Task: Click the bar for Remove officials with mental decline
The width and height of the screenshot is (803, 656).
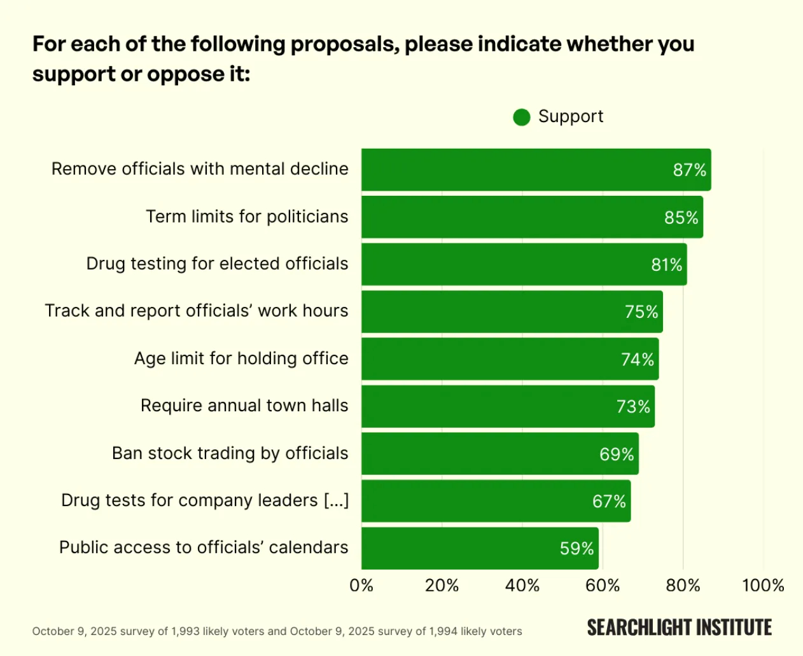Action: [536, 170]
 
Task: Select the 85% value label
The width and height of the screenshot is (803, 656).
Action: [681, 217]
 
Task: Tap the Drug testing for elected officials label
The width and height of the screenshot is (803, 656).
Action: [217, 264]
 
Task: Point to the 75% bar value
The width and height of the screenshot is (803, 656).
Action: [641, 311]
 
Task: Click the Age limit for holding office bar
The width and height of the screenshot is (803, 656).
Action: [510, 359]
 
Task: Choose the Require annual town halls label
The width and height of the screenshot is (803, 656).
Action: [244, 406]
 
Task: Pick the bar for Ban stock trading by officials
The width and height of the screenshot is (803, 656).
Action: [499, 454]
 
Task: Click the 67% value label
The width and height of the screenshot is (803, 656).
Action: [609, 502]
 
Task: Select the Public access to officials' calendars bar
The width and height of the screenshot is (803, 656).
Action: [480, 549]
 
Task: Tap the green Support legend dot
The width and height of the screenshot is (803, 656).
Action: [522, 118]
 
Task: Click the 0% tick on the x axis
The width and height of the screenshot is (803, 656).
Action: [361, 585]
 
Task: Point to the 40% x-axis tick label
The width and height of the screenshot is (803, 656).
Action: [522, 585]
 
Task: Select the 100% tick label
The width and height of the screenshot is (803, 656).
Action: [763, 585]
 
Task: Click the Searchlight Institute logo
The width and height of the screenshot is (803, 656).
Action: [679, 628]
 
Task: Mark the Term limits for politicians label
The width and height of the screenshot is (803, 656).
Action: [247, 217]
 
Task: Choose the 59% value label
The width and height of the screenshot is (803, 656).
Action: [576, 549]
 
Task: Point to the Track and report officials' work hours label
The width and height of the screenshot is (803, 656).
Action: [197, 311]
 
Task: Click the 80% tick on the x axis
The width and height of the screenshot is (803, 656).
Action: [683, 585]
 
